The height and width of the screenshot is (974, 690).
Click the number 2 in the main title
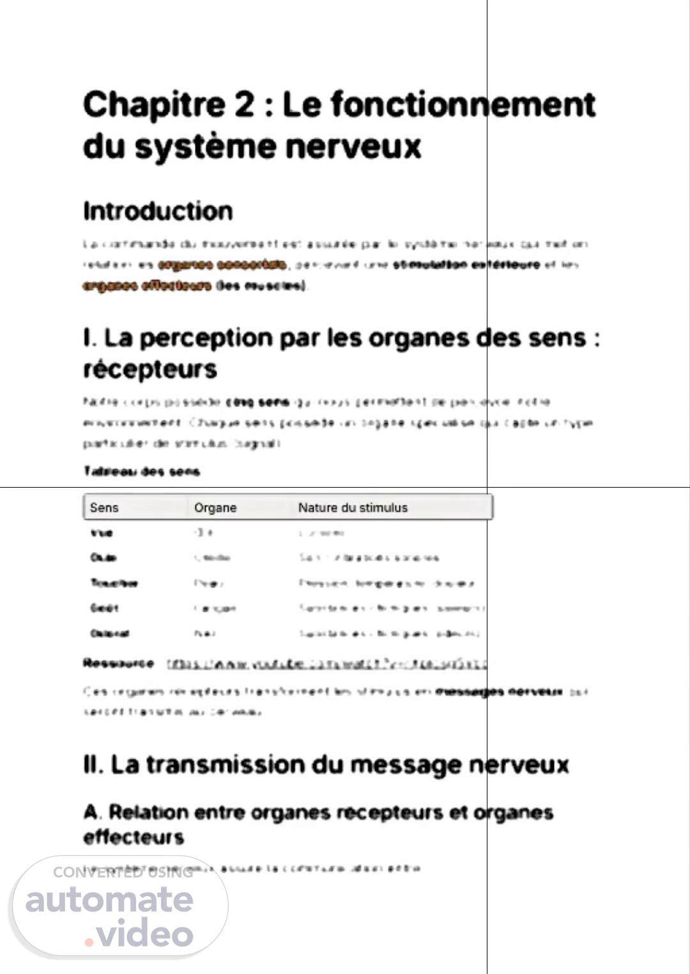click(244, 105)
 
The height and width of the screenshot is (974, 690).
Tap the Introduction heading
click(158, 211)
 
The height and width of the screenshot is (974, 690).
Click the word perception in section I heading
click(206, 338)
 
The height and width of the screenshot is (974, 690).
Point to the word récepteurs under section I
click(150, 369)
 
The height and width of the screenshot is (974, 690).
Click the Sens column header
click(104, 507)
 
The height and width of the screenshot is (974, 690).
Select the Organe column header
click(215, 507)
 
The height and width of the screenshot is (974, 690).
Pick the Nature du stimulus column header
click(353, 507)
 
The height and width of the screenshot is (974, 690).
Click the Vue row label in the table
click(102, 533)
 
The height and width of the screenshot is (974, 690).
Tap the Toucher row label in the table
click(114, 583)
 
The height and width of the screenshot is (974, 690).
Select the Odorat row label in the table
click(110, 633)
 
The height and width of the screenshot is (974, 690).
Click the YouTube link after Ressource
click(326, 665)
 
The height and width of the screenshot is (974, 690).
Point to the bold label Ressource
click(118, 663)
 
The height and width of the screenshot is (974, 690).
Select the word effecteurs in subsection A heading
click(134, 837)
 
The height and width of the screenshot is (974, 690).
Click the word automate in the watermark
click(109, 900)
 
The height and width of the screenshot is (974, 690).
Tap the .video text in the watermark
click(139, 934)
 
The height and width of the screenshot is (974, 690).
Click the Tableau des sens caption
click(141, 472)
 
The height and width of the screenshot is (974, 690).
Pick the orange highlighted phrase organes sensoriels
click(222, 265)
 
